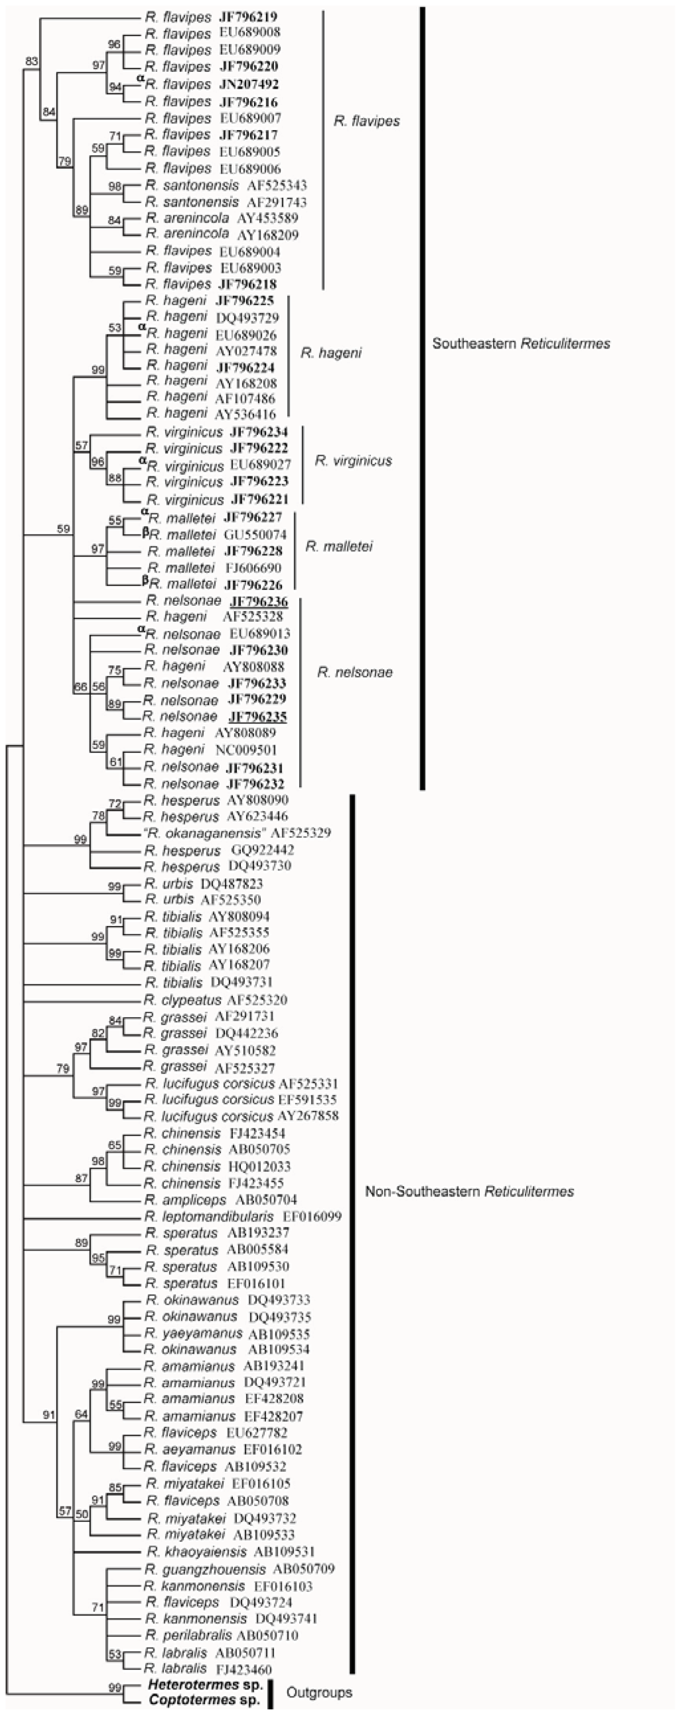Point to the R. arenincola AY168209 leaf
coord(221,234)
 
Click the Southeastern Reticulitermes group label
coord(521,344)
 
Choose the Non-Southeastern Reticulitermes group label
coord(469,1192)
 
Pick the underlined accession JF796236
coord(259,601)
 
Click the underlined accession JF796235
coord(257,717)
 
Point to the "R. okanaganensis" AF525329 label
coord(237,833)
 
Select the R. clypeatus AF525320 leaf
coord(215,1001)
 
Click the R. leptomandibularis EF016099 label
coord(243,1216)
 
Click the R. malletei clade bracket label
coord(339,546)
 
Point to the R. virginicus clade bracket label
coord(354,461)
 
